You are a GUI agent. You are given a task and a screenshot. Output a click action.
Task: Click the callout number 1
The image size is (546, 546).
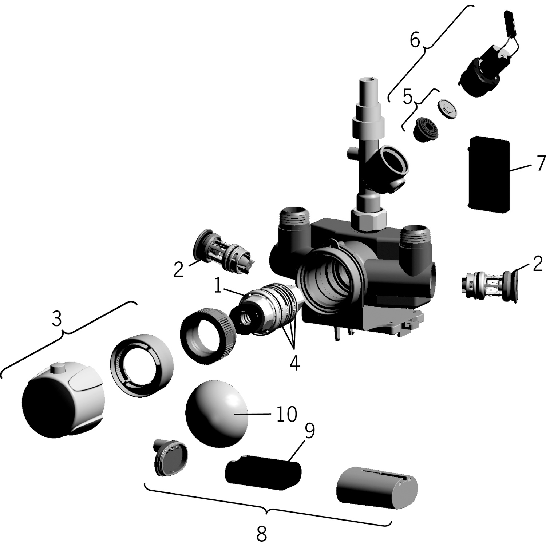point(218,286)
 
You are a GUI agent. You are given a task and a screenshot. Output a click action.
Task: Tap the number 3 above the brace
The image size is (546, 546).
point(57,319)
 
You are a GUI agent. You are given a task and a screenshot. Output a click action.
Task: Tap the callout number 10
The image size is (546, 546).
point(286,414)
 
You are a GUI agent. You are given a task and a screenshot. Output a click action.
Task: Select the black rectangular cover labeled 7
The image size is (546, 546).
point(488,173)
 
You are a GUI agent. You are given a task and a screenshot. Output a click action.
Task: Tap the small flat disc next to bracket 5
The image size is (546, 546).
point(447,108)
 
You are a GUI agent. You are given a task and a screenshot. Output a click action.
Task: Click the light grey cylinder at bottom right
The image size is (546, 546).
point(376,487)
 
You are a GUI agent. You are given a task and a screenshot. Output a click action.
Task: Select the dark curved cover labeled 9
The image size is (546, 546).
point(263,471)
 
